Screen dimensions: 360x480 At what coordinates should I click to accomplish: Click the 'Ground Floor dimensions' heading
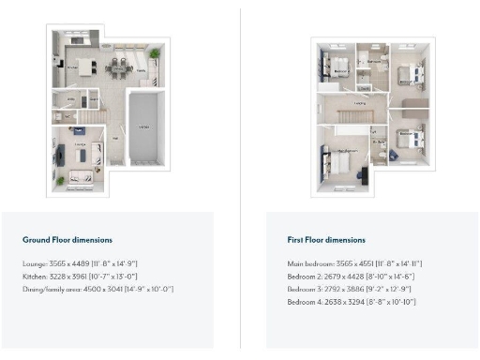pos(63,240)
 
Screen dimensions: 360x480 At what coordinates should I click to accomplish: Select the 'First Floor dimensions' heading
pos(326,240)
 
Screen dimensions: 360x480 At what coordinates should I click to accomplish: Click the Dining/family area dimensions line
pos(98,289)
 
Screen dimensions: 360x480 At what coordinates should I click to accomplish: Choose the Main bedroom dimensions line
pos(354,264)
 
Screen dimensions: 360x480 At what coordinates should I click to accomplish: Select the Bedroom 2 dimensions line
pos(350,277)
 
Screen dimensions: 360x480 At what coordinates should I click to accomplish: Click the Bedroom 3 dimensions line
pos(350,289)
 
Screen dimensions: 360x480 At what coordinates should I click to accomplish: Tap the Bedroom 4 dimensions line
pos(351,302)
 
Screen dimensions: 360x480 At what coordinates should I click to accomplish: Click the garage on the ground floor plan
pos(143,126)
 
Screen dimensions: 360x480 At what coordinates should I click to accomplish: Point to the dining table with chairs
pos(120,67)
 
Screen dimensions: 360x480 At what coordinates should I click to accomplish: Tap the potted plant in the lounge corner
pos(58,178)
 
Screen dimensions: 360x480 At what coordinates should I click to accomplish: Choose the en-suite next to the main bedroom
pos(380,145)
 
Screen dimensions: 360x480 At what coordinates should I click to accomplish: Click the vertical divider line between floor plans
pos(240,178)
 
